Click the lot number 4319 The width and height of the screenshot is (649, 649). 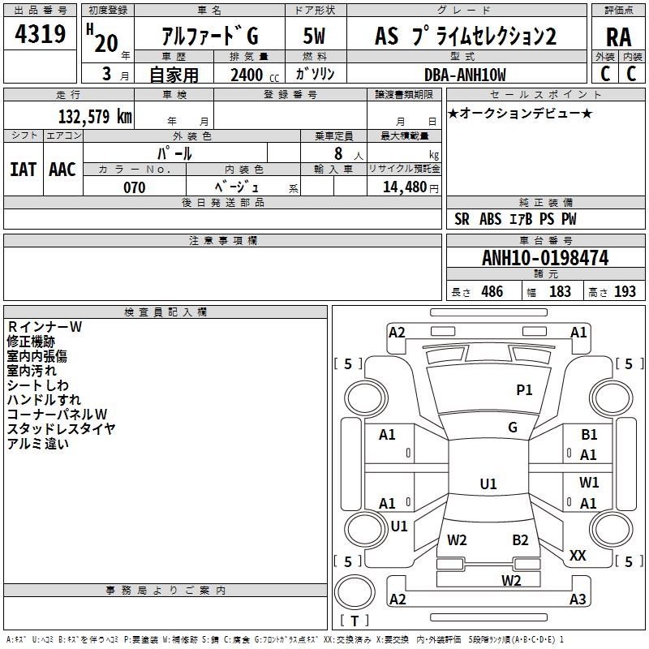tap(41, 35)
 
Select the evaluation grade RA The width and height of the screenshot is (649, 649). tap(618, 37)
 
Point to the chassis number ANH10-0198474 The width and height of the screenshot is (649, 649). tap(545, 258)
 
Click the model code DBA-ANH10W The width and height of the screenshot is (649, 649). tap(465, 75)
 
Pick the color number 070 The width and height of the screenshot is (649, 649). tap(135, 187)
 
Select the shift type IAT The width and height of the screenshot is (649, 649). tap(23, 170)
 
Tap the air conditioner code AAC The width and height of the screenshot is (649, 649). tap(62, 170)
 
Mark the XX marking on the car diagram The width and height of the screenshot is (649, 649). tap(578, 556)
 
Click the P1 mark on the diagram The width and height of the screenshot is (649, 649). tap(524, 390)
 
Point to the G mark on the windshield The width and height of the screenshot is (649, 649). tap(513, 428)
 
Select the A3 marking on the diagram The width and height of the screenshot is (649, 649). tap(577, 600)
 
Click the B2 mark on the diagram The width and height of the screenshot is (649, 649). tap(520, 540)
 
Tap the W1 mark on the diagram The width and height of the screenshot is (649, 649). tap(589, 483)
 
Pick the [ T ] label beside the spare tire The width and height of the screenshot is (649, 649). tap(355, 621)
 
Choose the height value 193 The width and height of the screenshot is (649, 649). tap(625, 292)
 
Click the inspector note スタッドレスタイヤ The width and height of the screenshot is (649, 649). tap(62, 428)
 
